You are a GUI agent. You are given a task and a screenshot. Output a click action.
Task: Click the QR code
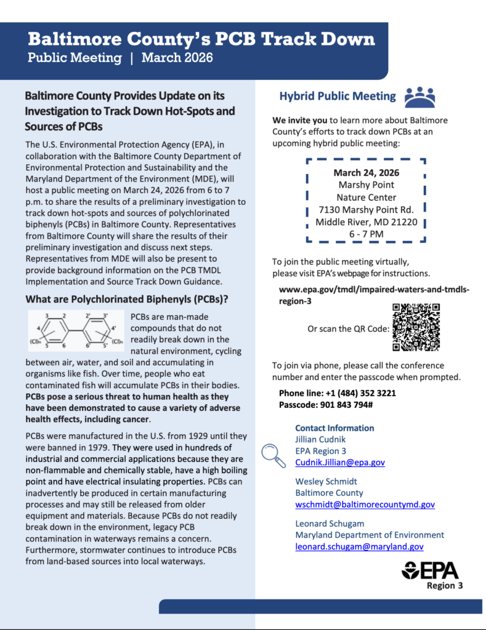pos(416,327)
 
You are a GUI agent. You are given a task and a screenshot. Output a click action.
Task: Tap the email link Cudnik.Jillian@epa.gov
pos(340,462)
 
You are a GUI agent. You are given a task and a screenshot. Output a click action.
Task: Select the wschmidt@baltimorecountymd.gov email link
pos(365,504)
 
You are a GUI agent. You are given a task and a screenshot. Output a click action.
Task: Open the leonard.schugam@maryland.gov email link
pos(359,546)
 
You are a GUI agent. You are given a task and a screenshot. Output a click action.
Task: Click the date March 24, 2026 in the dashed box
pos(366,172)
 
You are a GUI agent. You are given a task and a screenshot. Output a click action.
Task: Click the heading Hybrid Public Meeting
pos(338,96)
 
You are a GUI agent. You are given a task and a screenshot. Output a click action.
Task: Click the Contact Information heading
pos(334,428)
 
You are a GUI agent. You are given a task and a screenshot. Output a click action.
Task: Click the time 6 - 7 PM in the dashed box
pos(366,234)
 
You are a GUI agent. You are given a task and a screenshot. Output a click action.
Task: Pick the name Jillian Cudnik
pos(320,439)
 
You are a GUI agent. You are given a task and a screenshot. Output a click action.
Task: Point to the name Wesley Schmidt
pos(325,481)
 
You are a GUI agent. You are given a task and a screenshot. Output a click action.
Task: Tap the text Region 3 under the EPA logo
pos(444,586)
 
